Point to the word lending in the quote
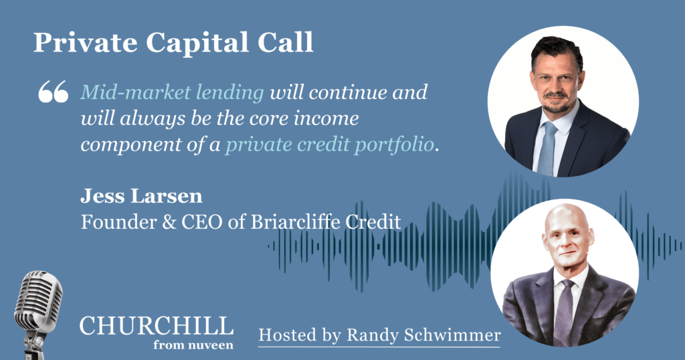click(230, 93)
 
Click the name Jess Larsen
click(141, 196)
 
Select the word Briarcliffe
click(295, 222)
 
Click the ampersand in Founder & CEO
click(169, 222)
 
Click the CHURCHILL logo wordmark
click(157, 327)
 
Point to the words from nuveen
click(193, 345)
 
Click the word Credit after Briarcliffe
click(373, 222)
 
